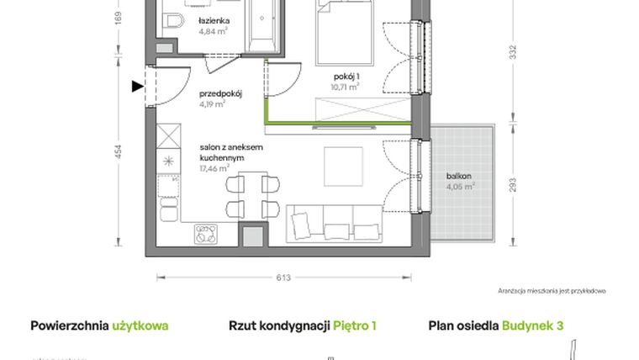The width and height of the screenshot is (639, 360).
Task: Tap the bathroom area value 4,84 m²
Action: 214,33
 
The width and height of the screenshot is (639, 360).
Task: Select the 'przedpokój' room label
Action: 220,94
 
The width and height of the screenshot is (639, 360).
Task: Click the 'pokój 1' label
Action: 346,76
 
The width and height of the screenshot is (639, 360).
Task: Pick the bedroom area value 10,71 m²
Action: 346,86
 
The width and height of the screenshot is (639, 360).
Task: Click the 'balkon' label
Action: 459,177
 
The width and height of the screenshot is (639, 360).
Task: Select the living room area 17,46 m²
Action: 214,168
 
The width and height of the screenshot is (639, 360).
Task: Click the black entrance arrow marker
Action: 137,84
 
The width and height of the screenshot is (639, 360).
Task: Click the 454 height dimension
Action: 119,152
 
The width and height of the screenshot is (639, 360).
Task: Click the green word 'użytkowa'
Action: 140,326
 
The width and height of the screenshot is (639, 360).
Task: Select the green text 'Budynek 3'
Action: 532,326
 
